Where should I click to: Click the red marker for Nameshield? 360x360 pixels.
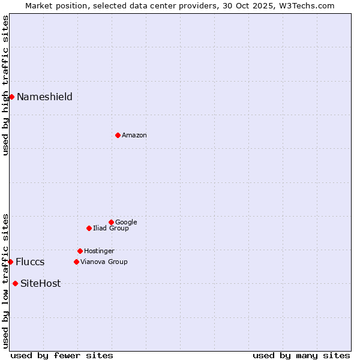[11, 97]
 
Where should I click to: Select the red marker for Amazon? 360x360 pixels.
[118, 135]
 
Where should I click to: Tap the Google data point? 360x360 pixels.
[111, 222]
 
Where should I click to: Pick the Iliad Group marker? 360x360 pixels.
[89, 228]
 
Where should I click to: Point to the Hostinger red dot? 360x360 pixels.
[80, 251]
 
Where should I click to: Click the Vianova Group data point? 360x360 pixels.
[76, 262]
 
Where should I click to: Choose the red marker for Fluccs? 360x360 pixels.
[10, 262]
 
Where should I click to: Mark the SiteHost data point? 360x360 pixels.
[15, 283]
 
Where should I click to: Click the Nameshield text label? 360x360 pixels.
[44, 97]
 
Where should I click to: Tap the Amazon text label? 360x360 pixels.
[134, 136]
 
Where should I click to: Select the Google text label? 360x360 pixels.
[126, 223]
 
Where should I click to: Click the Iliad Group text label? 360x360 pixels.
[111, 229]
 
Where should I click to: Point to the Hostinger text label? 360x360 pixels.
[99, 251]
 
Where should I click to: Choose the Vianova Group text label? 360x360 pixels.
[104, 262]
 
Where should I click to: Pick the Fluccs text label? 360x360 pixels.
[30, 262]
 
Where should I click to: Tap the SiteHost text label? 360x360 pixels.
[40, 284]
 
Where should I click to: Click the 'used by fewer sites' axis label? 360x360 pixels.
[62, 356]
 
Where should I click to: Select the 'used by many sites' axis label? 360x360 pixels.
[301, 356]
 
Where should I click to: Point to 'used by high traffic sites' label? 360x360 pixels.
[5, 86]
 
